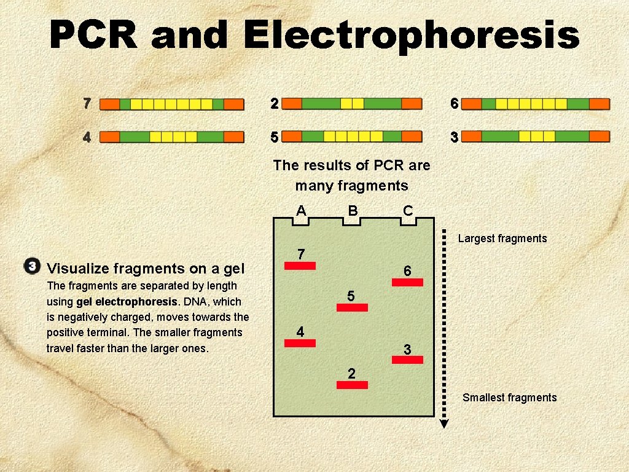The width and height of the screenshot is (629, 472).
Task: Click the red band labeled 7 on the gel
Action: coord(299,266)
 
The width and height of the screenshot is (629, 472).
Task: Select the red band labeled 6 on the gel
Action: coord(407,283)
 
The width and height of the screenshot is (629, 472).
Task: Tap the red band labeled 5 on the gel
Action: coord(352,307)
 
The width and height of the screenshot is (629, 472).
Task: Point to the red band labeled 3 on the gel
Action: coord(407,360)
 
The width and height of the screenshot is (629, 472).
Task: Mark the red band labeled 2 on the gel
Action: coord(352,385)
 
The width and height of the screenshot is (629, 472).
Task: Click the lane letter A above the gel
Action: coord(301,211)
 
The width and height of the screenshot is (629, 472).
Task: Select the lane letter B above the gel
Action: coord(353,211)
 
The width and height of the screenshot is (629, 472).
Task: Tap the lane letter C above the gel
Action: coord(407,211)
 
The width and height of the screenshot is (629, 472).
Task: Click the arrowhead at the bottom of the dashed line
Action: coord(445,423)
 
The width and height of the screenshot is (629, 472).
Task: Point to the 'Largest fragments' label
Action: coord(502,238)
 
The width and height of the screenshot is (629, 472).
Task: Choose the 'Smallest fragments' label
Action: coord(509,398)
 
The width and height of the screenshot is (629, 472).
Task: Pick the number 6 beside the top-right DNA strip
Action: coord(454,104)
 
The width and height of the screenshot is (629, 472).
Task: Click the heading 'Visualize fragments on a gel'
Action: coord(146,269)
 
